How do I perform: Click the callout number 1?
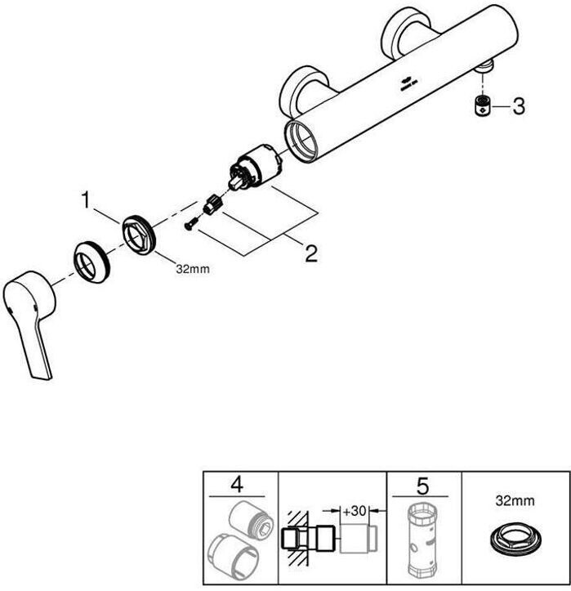tap(84, 199)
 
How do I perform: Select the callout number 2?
tap(310, 253)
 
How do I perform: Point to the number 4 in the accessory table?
tap(238, 485)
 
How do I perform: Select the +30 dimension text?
tap(354, 510)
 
